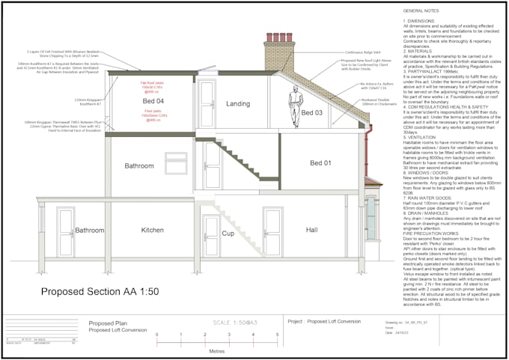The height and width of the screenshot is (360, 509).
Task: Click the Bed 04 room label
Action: pos(153,100)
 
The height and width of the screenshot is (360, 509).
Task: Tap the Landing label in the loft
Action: pos(238,103)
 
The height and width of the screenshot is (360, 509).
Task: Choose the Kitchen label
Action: pos(152,230)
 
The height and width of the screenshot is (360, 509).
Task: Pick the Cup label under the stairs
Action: pos(228,234)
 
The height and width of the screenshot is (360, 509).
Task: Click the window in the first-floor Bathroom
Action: pos(176,162)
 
